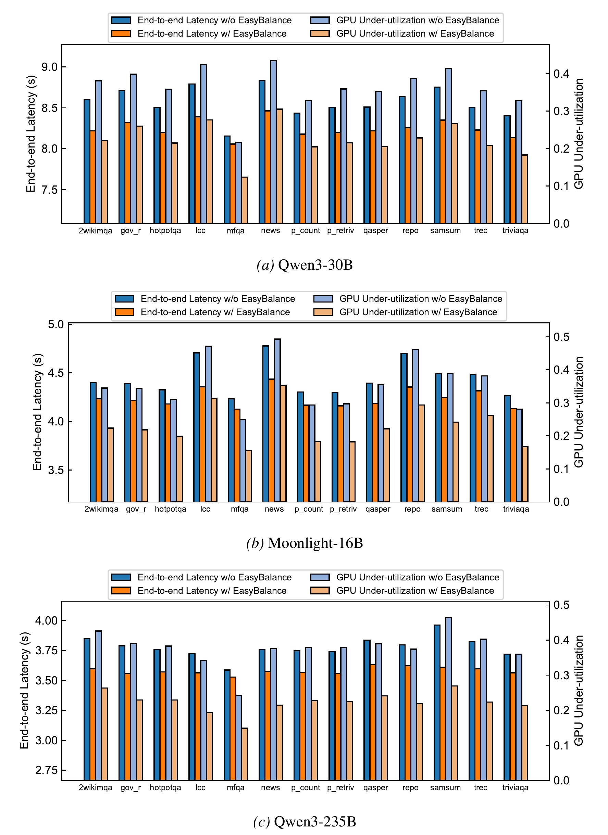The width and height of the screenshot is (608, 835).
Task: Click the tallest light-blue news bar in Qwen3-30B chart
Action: click(273, 142)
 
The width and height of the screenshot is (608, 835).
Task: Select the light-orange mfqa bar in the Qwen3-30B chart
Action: click(244, 200)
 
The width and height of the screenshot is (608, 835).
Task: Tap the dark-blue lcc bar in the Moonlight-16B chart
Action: click(196, 427)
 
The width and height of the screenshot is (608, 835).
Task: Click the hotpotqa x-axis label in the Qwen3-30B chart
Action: click(165, 231)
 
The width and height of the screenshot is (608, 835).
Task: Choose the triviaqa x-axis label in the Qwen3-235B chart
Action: click(515, 788)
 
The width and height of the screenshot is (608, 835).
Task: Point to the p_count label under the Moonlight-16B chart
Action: click(309, 509)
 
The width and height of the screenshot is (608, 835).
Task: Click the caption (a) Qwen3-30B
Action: click(305, 265)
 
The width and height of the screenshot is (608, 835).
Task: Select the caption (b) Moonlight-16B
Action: click(305, 543)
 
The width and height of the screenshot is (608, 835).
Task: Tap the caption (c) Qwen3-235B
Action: click(305, 821)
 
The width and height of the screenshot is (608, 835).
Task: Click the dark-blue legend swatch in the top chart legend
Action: click(121, 21)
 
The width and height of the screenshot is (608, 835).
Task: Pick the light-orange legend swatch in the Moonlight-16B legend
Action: click(323, 312)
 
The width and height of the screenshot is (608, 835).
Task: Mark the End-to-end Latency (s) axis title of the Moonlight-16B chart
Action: click(37, 412)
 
